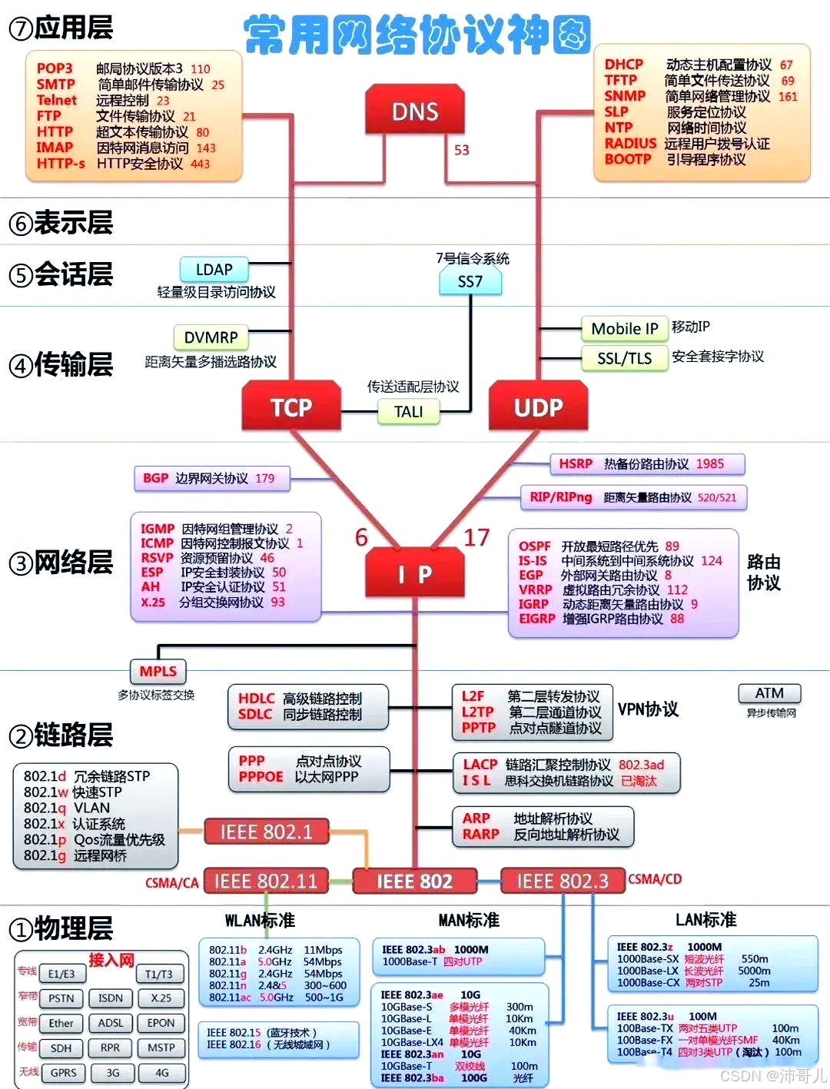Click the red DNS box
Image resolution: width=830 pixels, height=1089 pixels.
pyautogui.click(x=415, y=111)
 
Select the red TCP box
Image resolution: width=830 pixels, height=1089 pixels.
pyautogui.click(x=291, y=407)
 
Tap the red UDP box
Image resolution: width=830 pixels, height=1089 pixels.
pyautogui.click(x=538, y=407)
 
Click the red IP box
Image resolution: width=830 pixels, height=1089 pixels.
pyautogui.click(x=415, y=573)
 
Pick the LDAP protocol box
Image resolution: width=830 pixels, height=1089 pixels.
pyautogui.click(x=214, y=270)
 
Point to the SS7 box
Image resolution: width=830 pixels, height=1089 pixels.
pyautogui.click(x=470, y=281)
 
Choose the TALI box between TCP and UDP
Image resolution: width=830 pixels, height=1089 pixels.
pyautogui.click(x=408, y=412)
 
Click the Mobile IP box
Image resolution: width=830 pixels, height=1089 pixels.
pyautogui.click(x=624, y=329)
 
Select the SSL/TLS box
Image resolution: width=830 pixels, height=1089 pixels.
pyautogui.click(x=624, y=358)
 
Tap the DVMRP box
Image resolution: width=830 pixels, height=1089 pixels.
pyautogui.click(x=211, y=337)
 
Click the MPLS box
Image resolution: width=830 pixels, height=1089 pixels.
pyautogui.click(x=158, y=671)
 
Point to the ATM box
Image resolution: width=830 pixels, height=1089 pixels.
pyautogui.click(x=769, y=693)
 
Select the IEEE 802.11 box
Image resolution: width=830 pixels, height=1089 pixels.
pyautogui.click(x=265, y=881)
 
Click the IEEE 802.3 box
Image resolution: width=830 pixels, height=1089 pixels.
pyautogui.click(x=562, y=881)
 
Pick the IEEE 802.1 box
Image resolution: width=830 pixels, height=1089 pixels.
pyautogui.click(x=266, y=832)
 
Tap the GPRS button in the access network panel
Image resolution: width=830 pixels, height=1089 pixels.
pyautogui.click(x=63, y=1073)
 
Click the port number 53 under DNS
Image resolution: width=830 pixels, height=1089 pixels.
pyautogui.click(x=461, y=150)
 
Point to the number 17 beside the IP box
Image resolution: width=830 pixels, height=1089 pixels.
pyautogui.click(x=476, y=537)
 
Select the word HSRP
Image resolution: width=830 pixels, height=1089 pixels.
pyautogui.click(x=576, y=464)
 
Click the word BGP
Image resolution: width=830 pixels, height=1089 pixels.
pyautogui.click(x=155, y=478)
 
